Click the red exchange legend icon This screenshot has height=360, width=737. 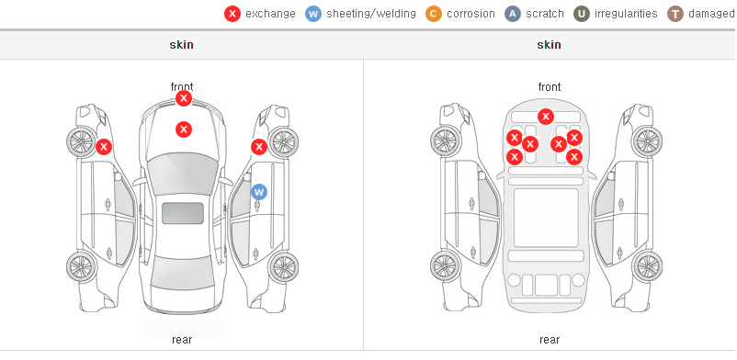(x=232, y=14)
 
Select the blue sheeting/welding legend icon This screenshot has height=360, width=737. (x=313, y=14)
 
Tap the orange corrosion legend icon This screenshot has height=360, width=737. (x=434, y=14)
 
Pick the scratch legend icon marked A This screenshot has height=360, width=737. (x=513, y=14)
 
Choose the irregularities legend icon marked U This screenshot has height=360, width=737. (x=582, y=14)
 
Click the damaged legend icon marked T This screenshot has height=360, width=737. (x=675, y=14)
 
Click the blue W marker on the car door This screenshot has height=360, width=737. (x=259, y=192)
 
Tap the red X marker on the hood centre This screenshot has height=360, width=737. (x=184, y=129)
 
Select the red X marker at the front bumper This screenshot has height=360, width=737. (x=184, y=98)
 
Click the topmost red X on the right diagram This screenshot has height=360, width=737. (x=546, y=117)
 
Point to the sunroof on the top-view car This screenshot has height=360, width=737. (x=183, y=213)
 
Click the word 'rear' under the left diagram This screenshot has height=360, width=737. (x=182, y=340)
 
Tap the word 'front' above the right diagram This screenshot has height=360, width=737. (x=550, y=87)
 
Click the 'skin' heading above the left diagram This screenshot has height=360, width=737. (x=181, y=45)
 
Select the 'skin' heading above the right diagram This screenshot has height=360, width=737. (x=549, y=45)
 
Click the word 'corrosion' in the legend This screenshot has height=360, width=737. (x=471, y=14)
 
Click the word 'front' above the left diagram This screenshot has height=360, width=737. (x=182, y=87)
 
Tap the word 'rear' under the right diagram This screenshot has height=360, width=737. (x=550, y=340)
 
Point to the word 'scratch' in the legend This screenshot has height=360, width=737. (x=545, y=14)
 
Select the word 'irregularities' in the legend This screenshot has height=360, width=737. (x=626, y=14)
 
